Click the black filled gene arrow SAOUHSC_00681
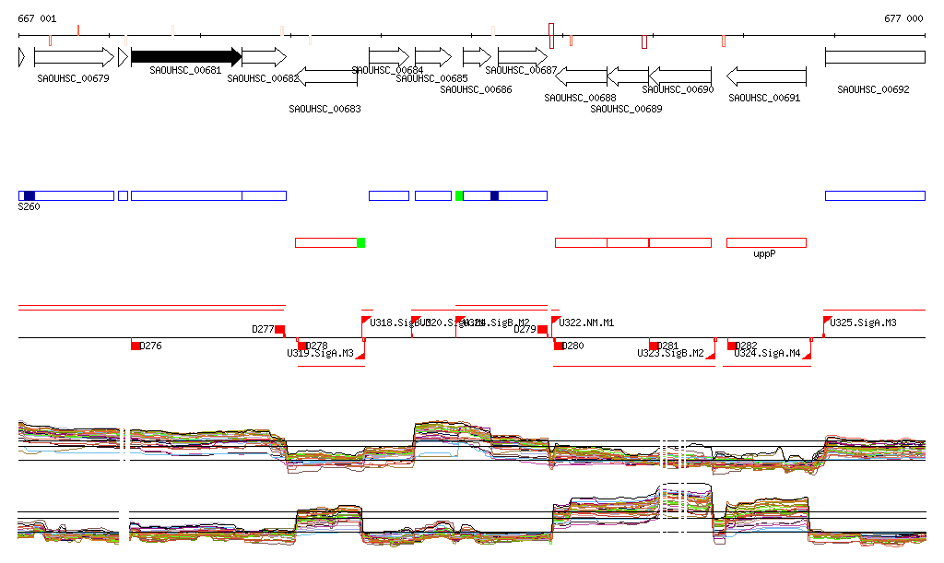(185, 57)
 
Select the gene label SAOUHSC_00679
(74, 78)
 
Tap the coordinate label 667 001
(37, 18)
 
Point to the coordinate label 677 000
(903, 18)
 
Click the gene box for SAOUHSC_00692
(874, 57)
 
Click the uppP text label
(764, 252)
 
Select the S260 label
(29, 207)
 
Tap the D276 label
(151, 346)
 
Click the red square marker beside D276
(136, 346)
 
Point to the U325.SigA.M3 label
(864, 323)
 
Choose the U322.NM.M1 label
(587, 323)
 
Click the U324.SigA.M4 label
(767, 353)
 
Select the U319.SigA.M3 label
(320, 353)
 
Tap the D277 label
(263, 329)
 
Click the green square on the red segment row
(361, 242)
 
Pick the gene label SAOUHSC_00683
(324, 109)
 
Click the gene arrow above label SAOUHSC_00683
(328, 76)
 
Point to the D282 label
(747, 346)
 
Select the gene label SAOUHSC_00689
(626, 109)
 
